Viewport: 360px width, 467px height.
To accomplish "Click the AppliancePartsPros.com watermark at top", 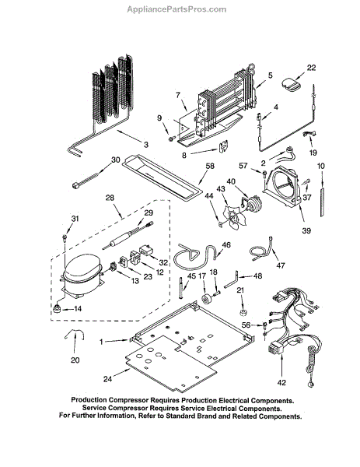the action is pos(177,9).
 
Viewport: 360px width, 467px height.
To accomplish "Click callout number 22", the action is pos(311,68).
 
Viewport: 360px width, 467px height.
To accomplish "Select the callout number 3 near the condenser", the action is pos(145,145).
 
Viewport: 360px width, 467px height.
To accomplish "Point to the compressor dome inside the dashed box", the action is pos(82,267).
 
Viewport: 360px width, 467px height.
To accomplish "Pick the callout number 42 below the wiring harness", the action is pos(281,382).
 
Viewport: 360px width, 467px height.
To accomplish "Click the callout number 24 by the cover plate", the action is pos(107,379).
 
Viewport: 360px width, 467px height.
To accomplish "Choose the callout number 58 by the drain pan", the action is pos(210,166).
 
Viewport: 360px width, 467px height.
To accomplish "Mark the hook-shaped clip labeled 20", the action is pos(75,334).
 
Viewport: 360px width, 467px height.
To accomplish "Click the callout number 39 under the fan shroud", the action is pos(306,230).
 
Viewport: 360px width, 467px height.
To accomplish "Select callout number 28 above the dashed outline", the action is pos(110,198).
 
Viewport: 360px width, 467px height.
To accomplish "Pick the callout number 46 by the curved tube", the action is pos(226,245).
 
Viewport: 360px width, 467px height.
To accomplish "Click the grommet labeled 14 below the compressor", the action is pos(57,308).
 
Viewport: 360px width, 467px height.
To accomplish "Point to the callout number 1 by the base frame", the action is pos(101,342).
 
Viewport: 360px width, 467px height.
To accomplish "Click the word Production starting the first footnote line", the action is pos(89,400).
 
